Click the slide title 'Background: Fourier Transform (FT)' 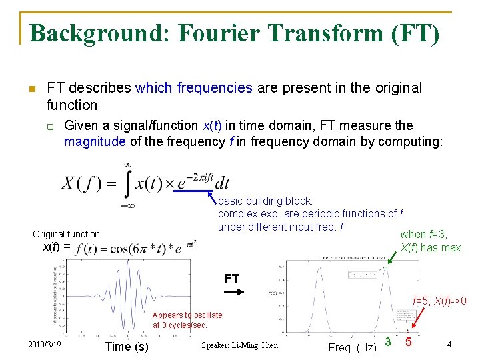click(235, 33)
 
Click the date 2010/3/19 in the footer click(45, 344)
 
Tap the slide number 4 click(450, 345)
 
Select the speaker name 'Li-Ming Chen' click(239, 345)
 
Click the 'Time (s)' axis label click(127, 347)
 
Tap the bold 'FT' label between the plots click(232, 279)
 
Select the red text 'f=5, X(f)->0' click(439, 301)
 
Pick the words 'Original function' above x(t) click(66, 234)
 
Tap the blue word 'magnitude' click(94, 141)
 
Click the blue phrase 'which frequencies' click(193, 87)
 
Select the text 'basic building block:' click(265, 201)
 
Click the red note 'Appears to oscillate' click(187, 315)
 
